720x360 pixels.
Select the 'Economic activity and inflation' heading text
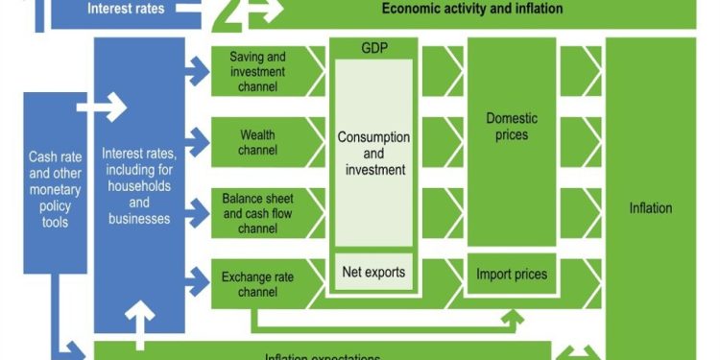tap(471, 10)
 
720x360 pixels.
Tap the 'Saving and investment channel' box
tap(254, 72)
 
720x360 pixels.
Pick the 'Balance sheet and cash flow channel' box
tap(255, 213)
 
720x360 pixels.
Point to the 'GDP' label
tap(373, 48)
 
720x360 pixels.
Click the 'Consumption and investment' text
tap(373, 153)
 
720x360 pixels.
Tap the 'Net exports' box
tap(373, 272)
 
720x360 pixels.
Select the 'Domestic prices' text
tap(512, 127)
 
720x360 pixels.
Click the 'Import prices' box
tap(512, 275)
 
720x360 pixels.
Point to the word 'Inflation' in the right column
tap(650, 207)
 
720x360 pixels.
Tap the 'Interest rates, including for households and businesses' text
tap(139, 187)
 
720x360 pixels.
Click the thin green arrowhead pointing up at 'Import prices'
tap(516, 314)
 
